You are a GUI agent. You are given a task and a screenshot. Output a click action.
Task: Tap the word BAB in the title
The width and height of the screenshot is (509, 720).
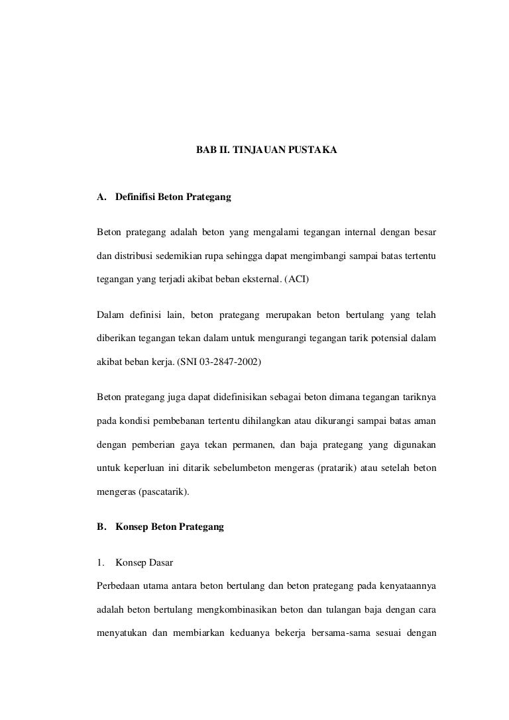[205, 151]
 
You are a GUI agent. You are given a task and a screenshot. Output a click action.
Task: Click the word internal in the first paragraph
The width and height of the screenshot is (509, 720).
[359, 232]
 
